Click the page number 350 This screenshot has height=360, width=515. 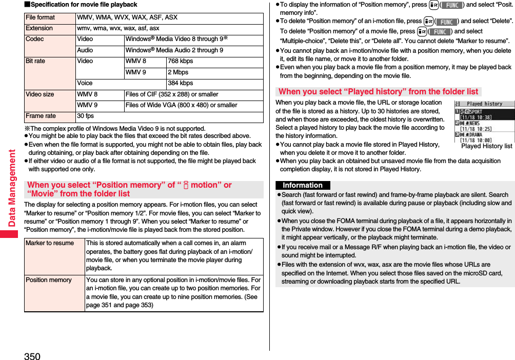(x=32, y=356)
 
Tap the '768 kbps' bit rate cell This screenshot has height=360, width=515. (x=181, y=61)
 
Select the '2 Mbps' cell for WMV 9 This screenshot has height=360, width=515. (x=178, y=72)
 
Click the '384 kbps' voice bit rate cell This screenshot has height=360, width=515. (x=181, y=83)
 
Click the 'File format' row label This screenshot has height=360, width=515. (x=41, y=17)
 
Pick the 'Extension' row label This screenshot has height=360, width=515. (x=39, y=28)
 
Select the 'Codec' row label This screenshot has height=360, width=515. (x=35, y=39)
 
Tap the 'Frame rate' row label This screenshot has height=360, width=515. (x=41, y=116)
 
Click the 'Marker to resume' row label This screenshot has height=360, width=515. (x=50, y=243)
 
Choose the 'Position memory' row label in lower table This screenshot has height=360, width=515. (x=49, y=280)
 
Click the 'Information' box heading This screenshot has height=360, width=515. (x=303, y=185)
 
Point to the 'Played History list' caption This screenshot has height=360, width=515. (x=486, y=146)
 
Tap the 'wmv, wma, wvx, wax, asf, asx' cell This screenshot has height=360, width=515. (x=118, y=28)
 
